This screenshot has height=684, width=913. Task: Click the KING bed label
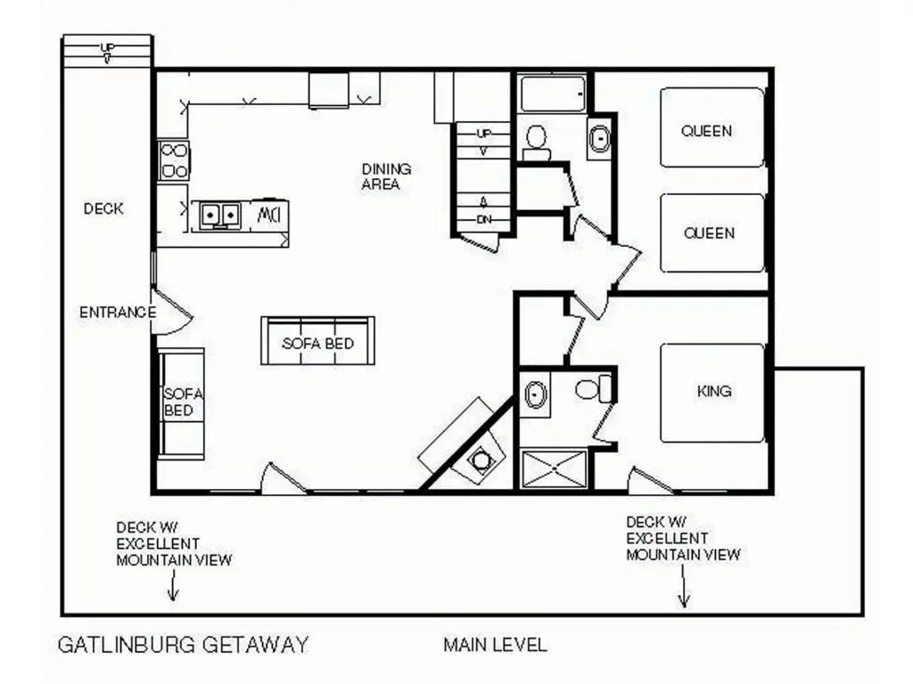(x=714, y=392)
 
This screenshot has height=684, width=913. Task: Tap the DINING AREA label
(x=386, y=177)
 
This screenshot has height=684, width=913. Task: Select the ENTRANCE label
(x=118, y=313)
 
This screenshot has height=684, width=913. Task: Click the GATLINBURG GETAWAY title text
(x=183, y=645)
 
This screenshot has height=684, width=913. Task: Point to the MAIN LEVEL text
(x=495, y=645)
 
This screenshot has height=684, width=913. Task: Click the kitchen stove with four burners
(x=174, y=161)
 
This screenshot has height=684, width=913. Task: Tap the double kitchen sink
(x=220, y=216)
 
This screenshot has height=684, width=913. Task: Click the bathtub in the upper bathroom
(x=553, y=93)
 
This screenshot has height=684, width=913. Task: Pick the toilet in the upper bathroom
(x=536, y=142)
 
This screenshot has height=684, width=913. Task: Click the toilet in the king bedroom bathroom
(x=593, y=388)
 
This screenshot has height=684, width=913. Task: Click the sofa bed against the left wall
(x=181, y=403)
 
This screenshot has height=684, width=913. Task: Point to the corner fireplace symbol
(x=481, y=460)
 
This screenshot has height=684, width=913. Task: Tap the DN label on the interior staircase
(x=484, y=220)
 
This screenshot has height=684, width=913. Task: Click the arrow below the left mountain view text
(x=173, y=584)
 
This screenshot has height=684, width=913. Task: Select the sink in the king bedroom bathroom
(x=535, y=395)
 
